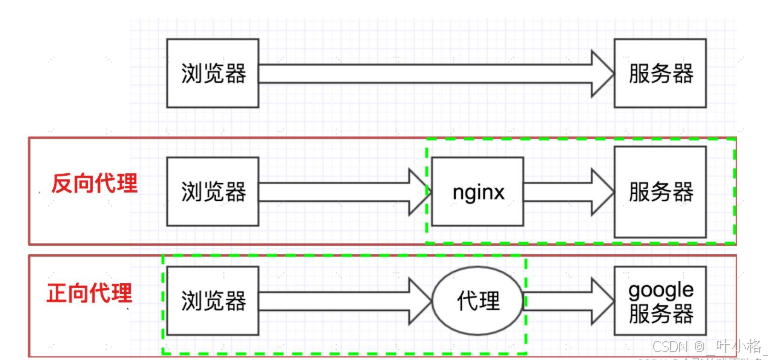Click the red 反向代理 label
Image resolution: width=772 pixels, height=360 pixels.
[x=94, y=185]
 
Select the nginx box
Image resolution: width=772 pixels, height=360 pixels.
[x=478, y=190]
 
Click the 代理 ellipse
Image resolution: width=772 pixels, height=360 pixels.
[x=479, y=300]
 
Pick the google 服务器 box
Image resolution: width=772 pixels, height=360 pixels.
[x=660, y=300]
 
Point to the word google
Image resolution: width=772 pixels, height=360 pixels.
[x=660, y=289]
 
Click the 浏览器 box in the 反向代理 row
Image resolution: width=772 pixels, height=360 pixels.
[x=213, y=190]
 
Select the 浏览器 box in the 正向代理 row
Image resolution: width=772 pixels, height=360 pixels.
[x=213, y=300]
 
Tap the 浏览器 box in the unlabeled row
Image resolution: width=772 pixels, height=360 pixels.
[x=213, y=74]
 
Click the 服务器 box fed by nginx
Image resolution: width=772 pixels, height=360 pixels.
[x=660, y=190]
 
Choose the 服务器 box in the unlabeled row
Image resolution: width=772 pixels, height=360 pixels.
[x=660, y=74]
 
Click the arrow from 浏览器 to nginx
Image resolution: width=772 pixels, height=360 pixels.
[x=340, y=190]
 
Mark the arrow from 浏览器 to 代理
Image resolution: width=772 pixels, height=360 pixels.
[x=340, y=300]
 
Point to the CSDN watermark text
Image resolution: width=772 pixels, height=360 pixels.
[x=673, y=342]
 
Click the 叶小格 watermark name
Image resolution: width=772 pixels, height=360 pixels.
[x=738, y=342]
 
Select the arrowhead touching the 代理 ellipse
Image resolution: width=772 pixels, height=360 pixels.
[x=420, y=300]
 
